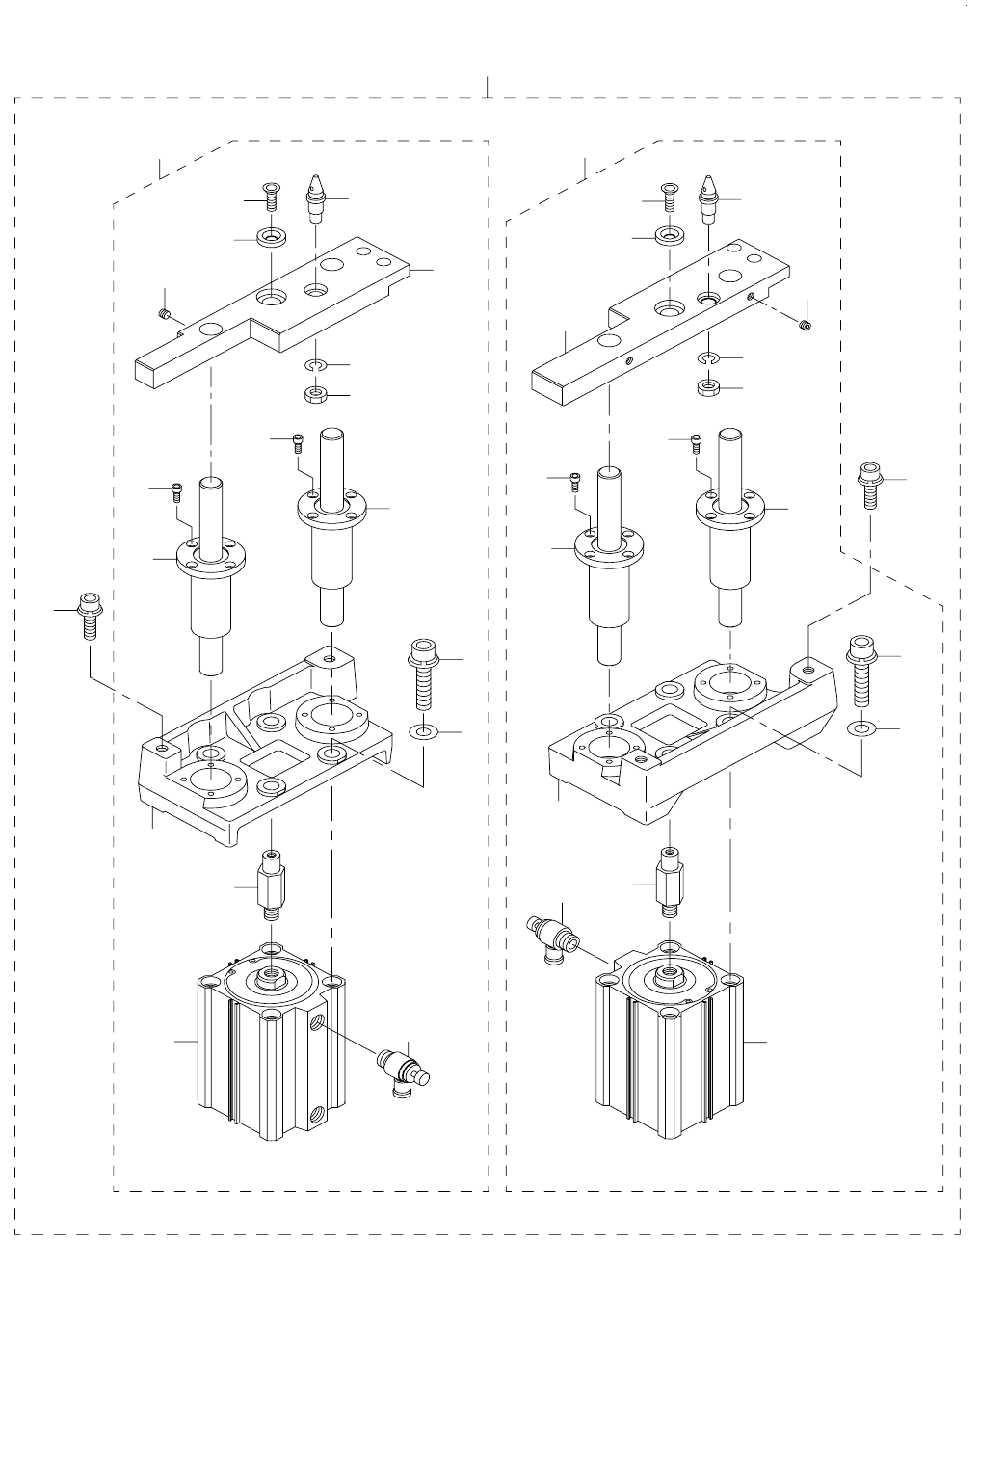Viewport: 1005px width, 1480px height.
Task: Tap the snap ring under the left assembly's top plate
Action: [316, 365]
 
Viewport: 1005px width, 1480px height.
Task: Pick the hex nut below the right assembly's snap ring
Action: [709, 388]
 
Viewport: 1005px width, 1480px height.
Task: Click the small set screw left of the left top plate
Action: [165, 313]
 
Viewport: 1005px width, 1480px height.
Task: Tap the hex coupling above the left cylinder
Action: [272, 880]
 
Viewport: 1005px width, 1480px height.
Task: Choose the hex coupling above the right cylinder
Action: [670, 879]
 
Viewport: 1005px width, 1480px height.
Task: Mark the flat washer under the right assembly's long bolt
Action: [861, 727]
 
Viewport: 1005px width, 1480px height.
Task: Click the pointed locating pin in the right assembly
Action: [710, 194]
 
